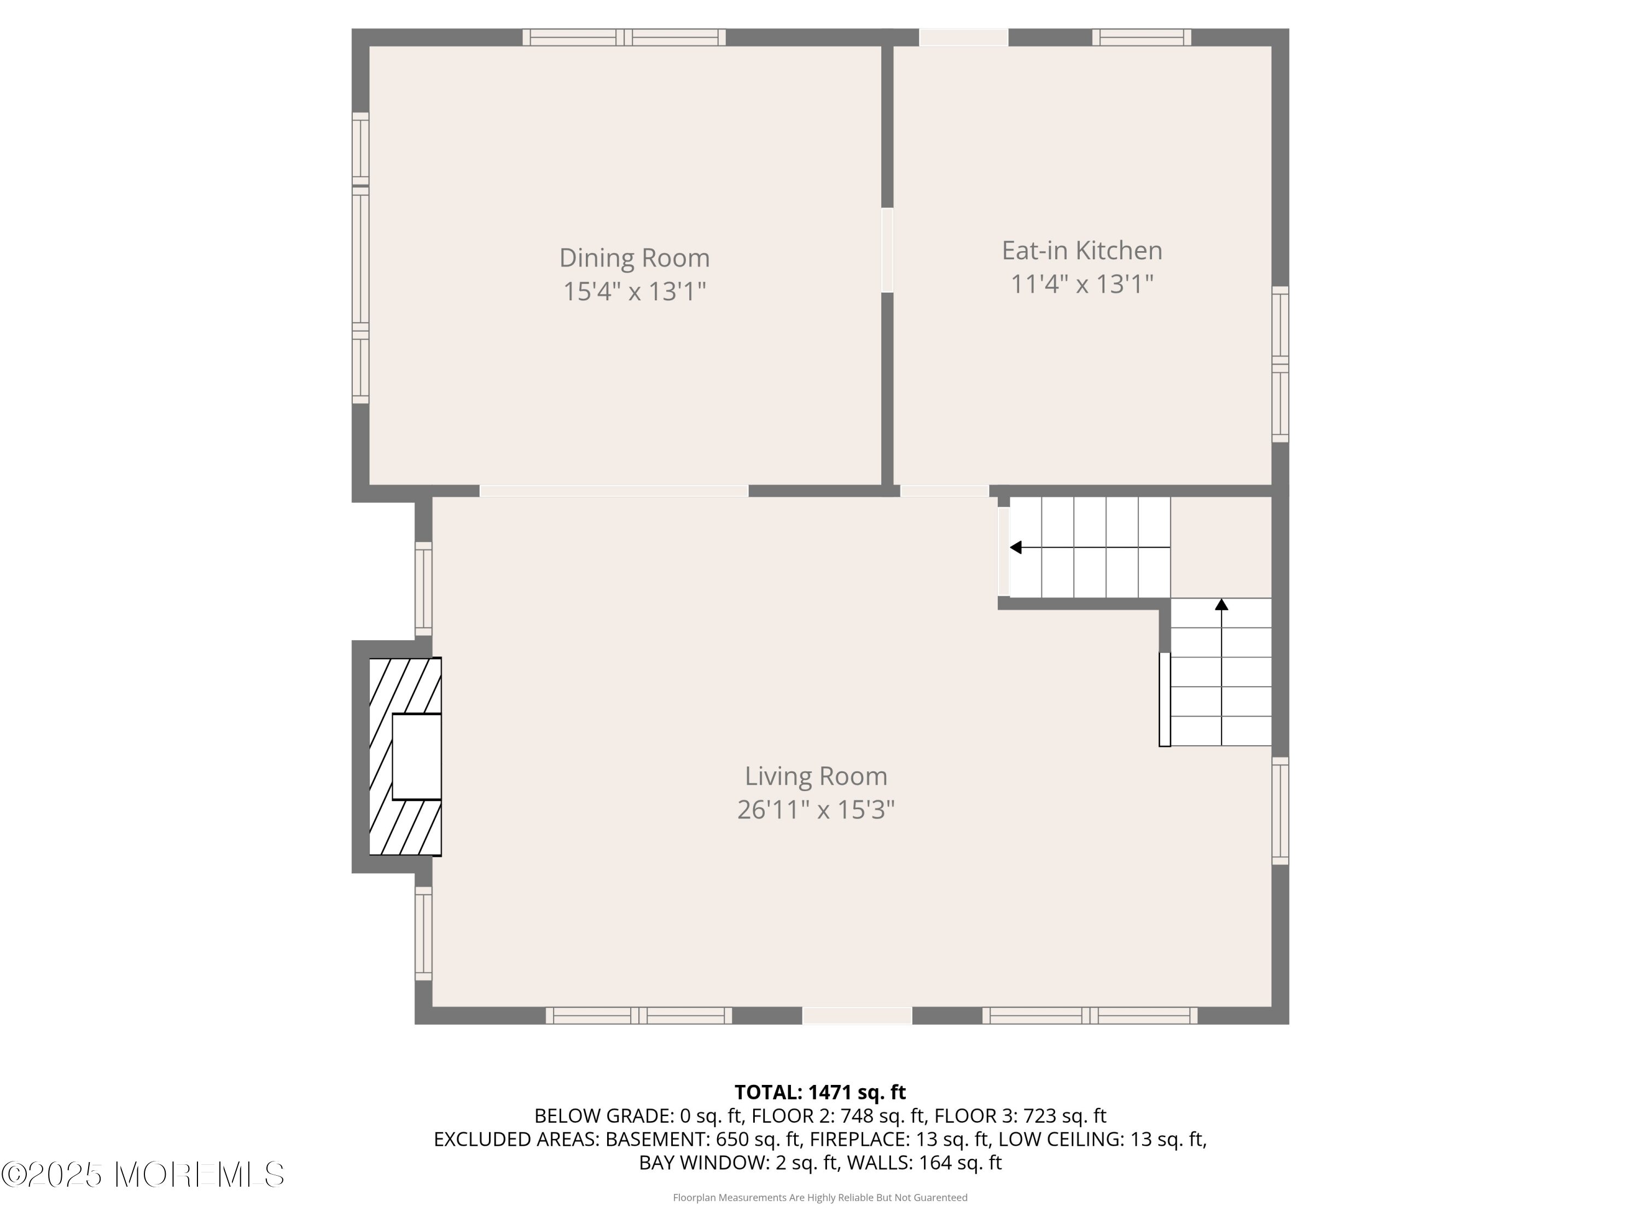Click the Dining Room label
point(635,258)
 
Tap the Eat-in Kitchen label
point(1081,251)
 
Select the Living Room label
point(816,776)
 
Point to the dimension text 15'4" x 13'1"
point(635,292)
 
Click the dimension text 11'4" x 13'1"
point(1081,284)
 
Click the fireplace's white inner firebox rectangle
point(416,757)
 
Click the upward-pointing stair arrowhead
point(1221,605)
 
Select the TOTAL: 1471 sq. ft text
point(820,1092)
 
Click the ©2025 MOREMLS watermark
point(142,1175)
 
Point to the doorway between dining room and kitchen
point(887,250)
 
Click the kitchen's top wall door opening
point(964,37)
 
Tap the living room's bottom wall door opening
point(857,1016)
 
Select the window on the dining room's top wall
point(624,37)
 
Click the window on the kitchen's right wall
point(1281,364)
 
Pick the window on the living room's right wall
point(1281,811)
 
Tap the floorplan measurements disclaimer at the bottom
point(820,1198)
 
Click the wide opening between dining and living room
point(614,490)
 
